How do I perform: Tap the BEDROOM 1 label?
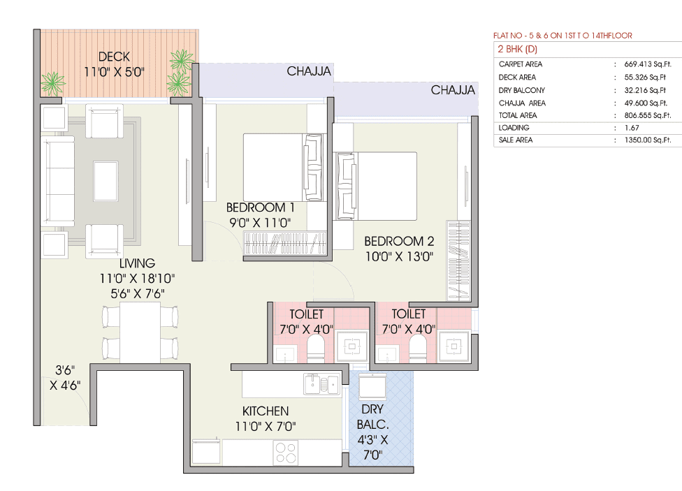260,207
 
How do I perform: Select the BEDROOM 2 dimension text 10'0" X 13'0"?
399,256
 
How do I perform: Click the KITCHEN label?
265,411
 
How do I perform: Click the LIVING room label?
137,263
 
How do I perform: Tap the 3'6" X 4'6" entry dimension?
65,377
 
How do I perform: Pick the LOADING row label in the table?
514,128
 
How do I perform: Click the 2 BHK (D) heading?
517,49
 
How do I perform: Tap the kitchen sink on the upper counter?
320,383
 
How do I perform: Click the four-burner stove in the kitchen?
285,453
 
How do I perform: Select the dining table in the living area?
140,332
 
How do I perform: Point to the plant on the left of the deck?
52,83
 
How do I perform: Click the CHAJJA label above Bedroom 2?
453,90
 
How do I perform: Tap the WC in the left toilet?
317,347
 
